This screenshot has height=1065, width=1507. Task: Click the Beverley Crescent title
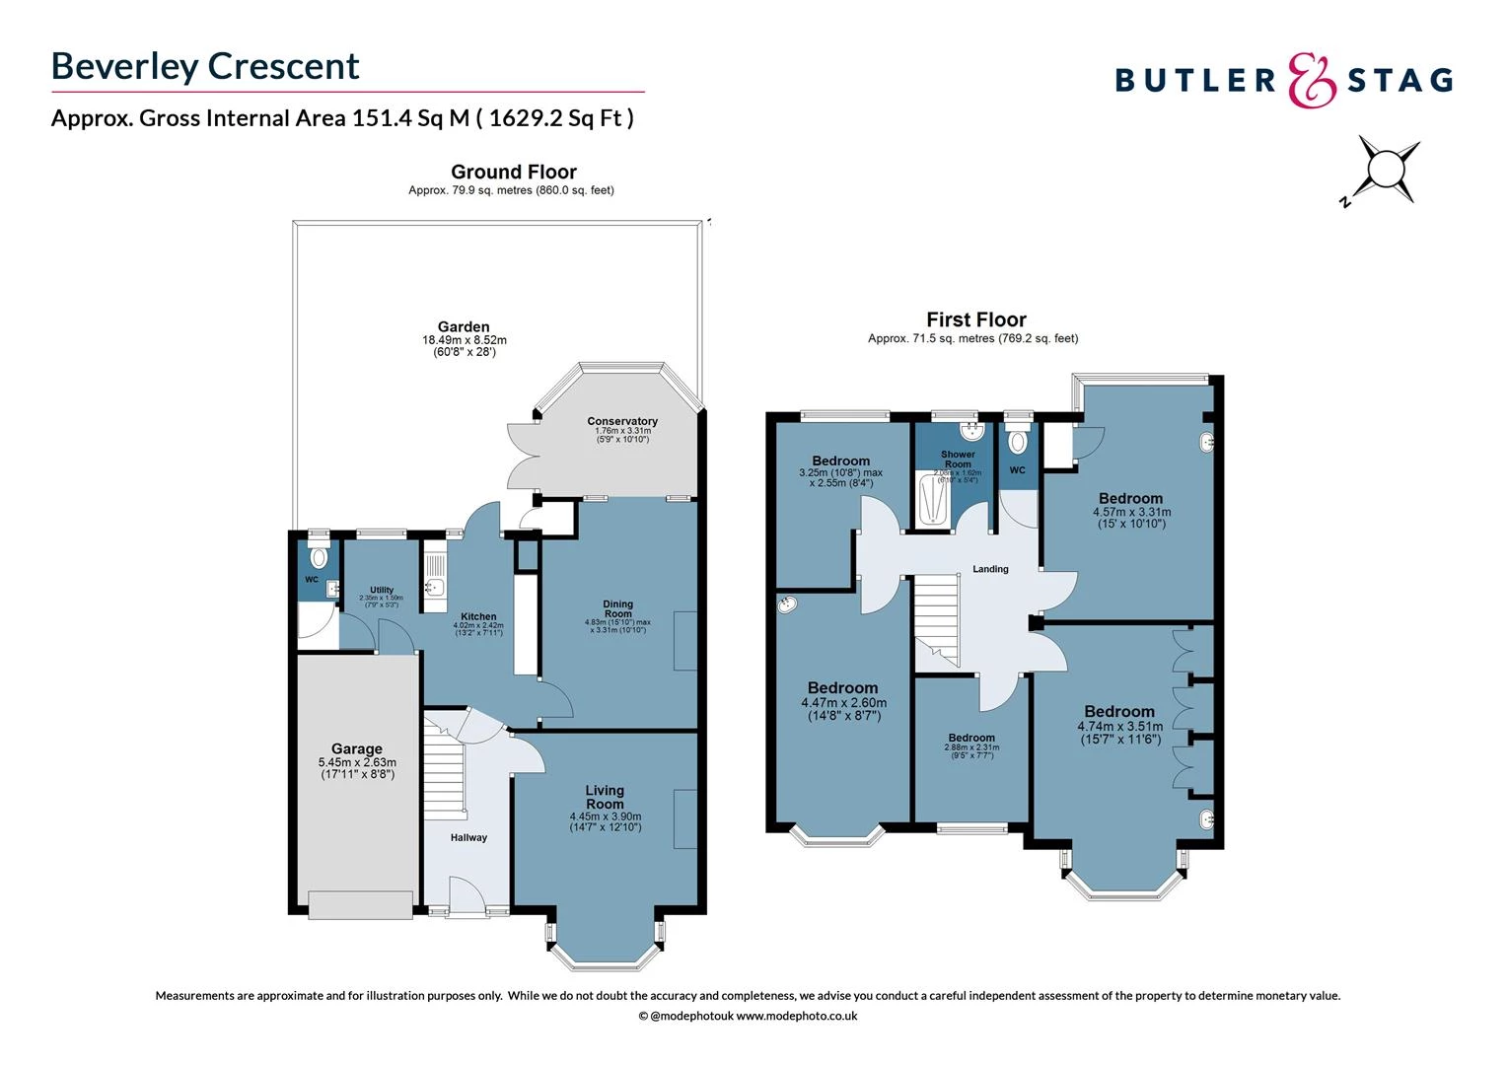point(205,66)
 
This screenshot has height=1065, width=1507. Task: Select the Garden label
point(464,327)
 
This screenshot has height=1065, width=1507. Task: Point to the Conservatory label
point(621,421)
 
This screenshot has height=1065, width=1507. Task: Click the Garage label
point(356,749)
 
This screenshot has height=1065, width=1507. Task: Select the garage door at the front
point(360,904)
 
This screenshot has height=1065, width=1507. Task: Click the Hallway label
point(468,837)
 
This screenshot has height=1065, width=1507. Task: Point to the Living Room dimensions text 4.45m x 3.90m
point(605,816)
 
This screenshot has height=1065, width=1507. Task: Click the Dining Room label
point(618,608)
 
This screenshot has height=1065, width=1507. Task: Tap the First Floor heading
point(975,319)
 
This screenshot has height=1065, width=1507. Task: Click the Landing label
point(990,569)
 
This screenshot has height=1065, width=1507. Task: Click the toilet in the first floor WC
point(1017,439)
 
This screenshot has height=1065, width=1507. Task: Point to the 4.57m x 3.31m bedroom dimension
point(1131,512)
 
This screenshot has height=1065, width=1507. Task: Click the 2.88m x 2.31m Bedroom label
point(971,738)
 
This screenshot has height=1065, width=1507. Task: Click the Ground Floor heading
point(513,172)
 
